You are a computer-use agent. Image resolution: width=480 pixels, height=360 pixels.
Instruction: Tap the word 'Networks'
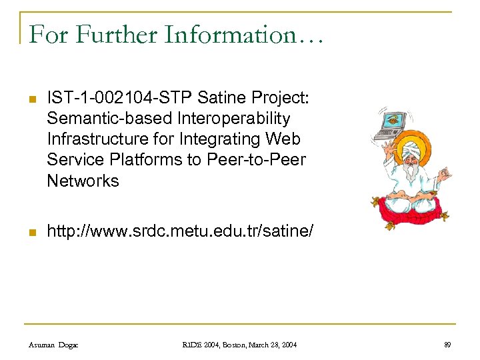click(x=83, y=181)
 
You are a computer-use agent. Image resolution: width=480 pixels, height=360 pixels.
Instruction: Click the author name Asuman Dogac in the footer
click(x=53, y=344)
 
